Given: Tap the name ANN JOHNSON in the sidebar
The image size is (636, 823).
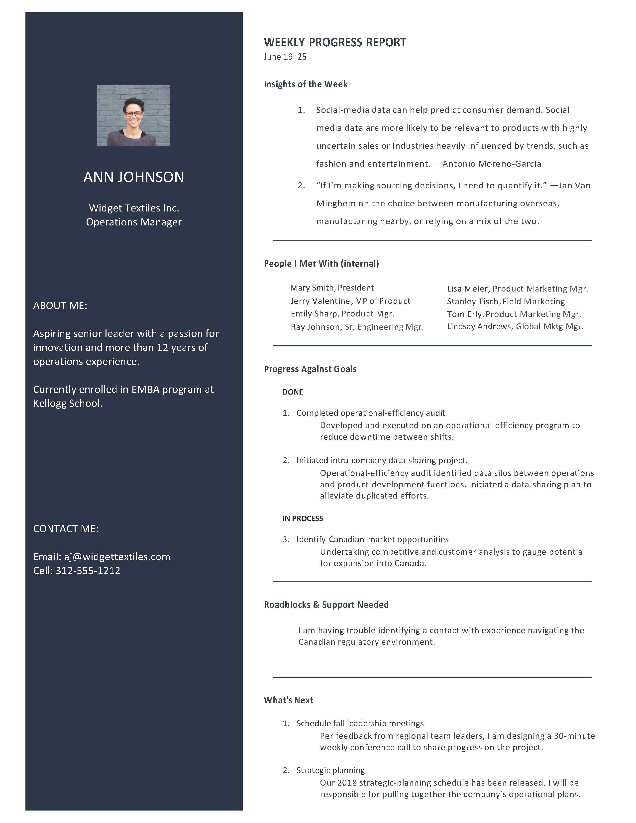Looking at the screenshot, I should click(133, 177).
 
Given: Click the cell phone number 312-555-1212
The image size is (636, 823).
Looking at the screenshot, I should click(88, 571).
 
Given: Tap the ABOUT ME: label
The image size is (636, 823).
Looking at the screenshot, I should click(60, 306).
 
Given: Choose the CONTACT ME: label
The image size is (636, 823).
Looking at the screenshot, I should click(66, 529).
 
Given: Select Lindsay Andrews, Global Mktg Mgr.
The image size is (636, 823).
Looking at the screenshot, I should click(515, 326).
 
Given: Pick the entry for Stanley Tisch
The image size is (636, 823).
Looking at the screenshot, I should click(506, 302).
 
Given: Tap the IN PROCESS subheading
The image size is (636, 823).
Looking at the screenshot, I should click(303, 518).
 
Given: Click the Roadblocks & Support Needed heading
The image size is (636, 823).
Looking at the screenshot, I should click(326, 605).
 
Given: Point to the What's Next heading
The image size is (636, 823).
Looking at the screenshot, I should click(288, 700).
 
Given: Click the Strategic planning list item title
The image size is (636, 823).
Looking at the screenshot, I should click(330, 770).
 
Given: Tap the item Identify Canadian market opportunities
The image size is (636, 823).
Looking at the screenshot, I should click(372, 539).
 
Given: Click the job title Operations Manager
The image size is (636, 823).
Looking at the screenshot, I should click(133, 222).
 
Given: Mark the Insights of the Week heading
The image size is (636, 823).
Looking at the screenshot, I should click(305, 84).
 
